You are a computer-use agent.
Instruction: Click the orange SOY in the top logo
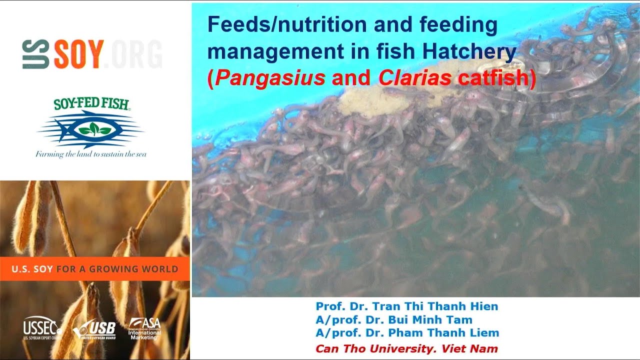[79, 54]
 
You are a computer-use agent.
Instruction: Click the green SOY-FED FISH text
[91, 104]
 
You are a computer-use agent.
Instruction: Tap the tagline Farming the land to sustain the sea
[91, 154]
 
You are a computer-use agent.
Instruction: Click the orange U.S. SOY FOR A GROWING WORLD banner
[95, 269]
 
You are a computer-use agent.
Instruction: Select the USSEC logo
[42, 328]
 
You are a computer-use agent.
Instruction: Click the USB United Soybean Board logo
[94, 329]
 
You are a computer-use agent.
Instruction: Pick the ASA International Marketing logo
[144, 328]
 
